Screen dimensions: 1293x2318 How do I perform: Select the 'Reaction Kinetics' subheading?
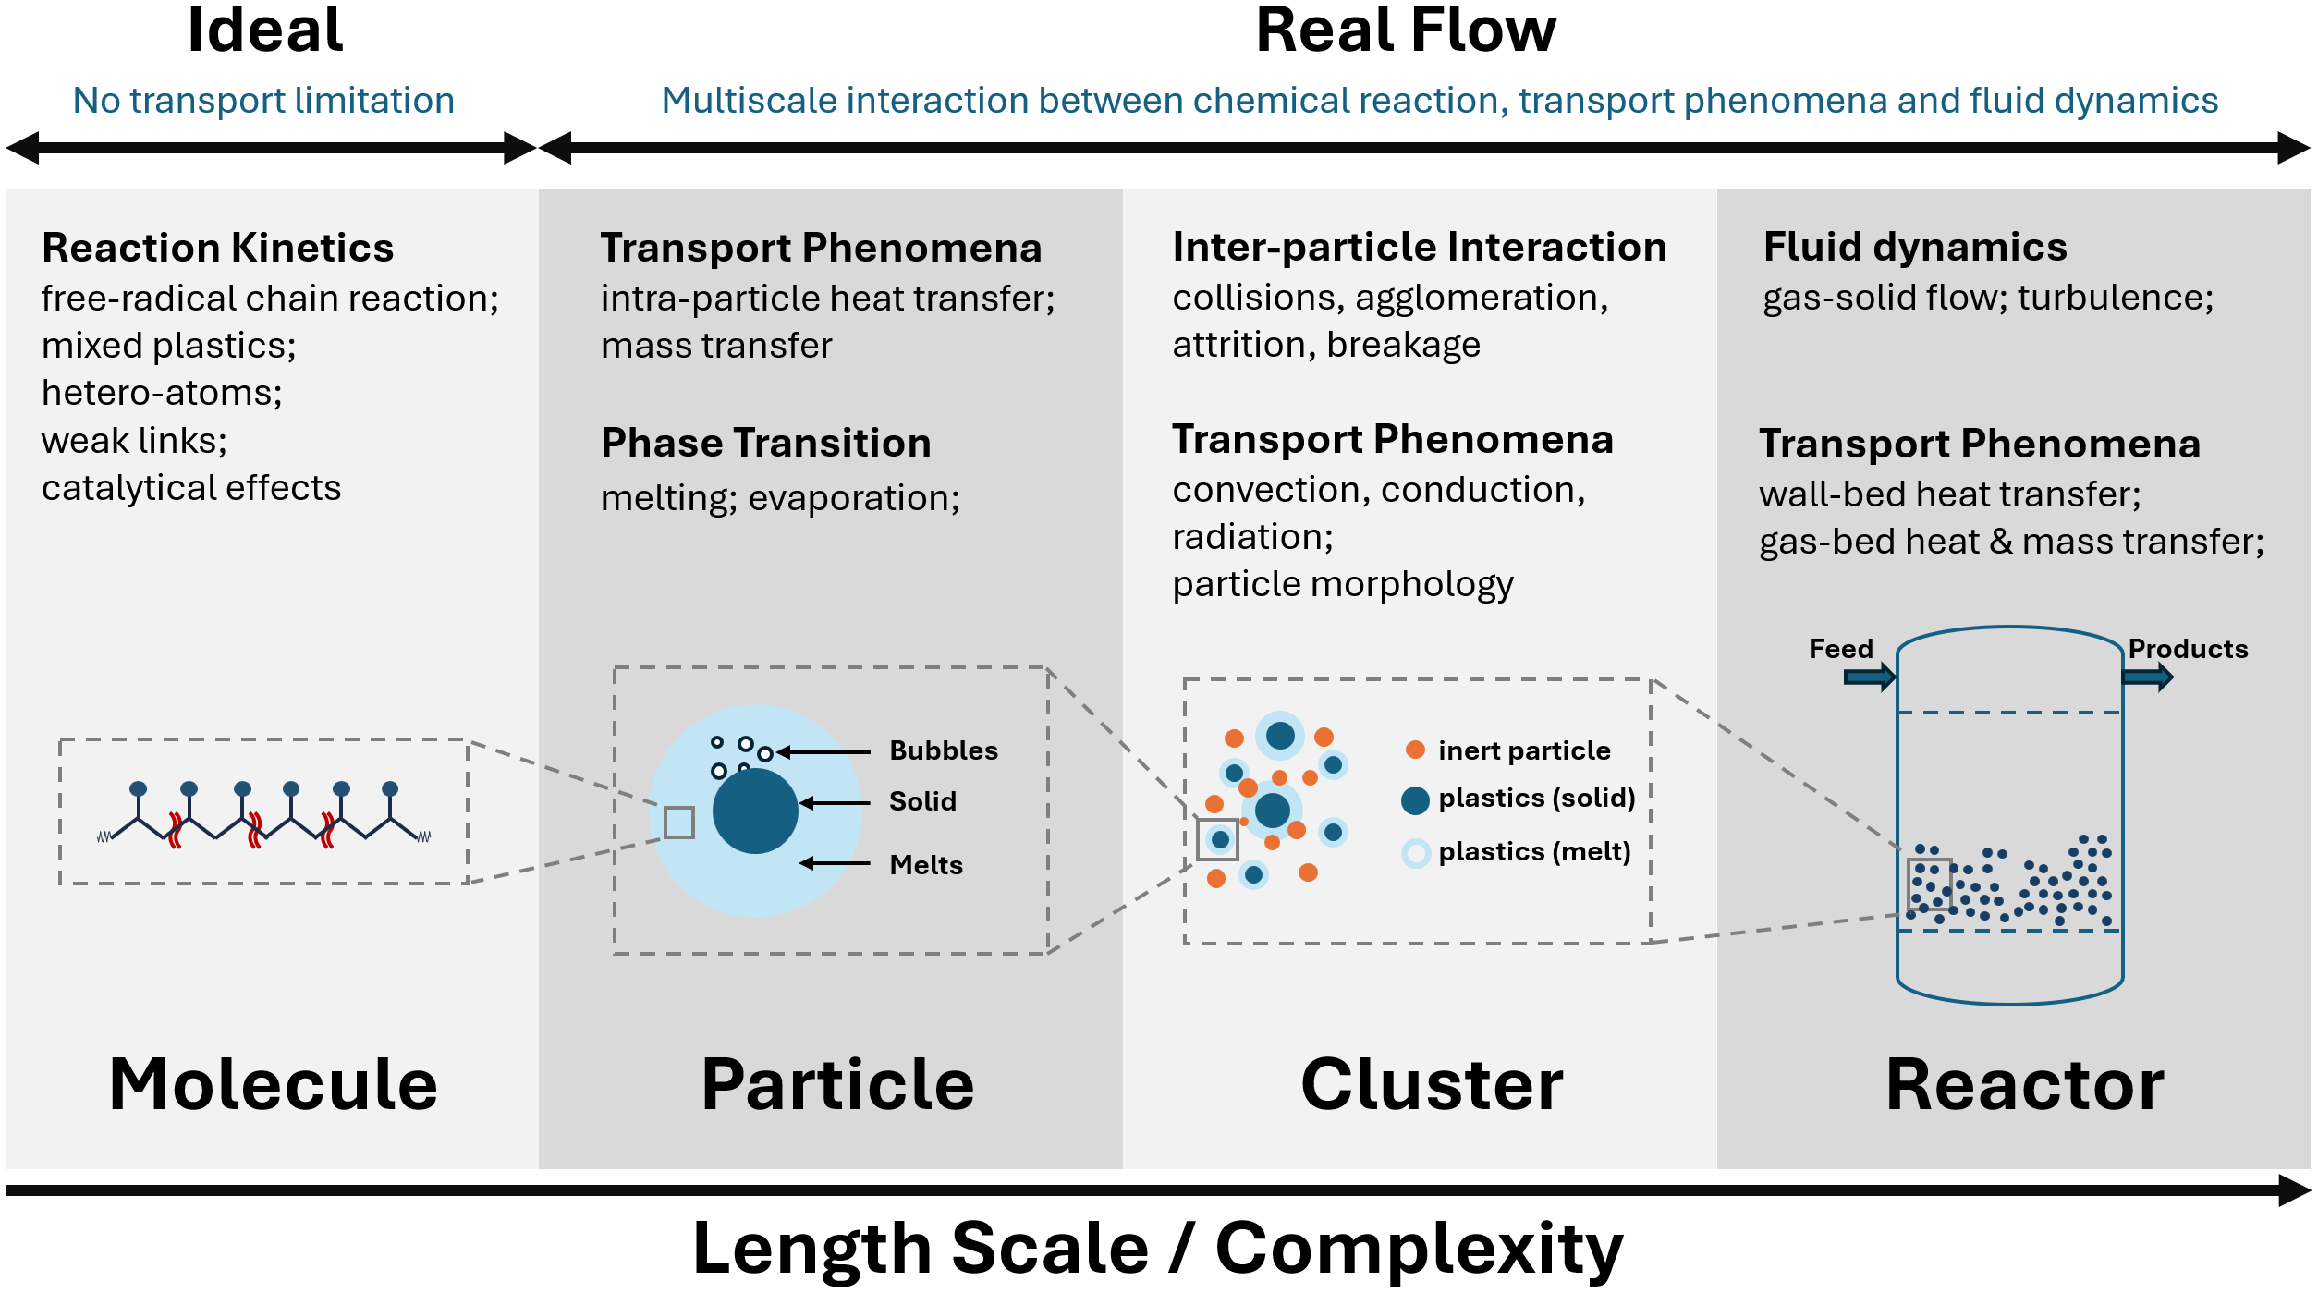coord(218,248)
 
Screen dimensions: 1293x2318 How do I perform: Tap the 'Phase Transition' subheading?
coord(765,443)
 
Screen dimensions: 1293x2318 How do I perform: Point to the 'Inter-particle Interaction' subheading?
coord(1420,247)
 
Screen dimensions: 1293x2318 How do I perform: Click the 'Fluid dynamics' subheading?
coord(1915,247)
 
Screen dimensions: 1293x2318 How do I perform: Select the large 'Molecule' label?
coord(274,1084)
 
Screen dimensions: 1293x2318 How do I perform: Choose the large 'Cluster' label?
coord(1432,1084)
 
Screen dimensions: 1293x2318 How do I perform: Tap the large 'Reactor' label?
coord(2024,1084)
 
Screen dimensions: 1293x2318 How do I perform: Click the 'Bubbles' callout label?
coord(944,750)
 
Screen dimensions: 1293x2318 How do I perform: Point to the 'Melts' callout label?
coord(926,865)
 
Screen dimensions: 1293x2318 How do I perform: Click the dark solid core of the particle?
coord(755,811)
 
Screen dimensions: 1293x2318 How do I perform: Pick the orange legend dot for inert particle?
coord(1415,750)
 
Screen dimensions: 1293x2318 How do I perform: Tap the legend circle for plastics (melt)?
coord(1416,853)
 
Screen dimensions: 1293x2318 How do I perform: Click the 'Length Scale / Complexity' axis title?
coord(1157,1249)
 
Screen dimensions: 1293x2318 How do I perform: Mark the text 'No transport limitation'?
coord(263,101)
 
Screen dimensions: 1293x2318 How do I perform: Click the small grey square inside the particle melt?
coord(679,822)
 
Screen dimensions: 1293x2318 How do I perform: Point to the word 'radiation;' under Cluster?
coord(1252,537)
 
